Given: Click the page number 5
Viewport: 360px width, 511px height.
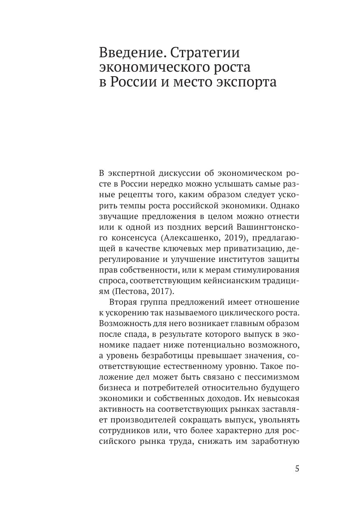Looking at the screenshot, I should click(x=297, y=469).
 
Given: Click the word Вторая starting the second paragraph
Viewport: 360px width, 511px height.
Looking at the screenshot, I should click(x=123, y=302).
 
